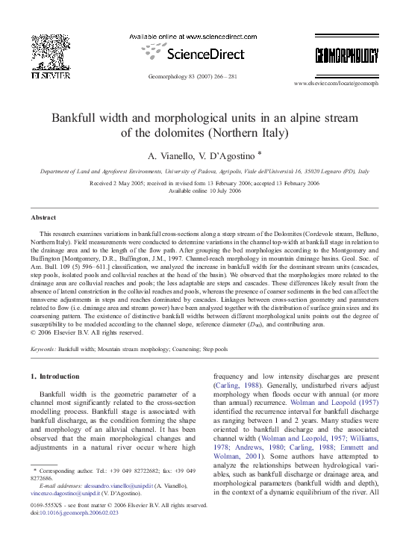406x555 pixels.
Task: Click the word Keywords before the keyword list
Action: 43,349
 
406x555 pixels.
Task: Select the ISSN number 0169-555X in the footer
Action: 46,505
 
